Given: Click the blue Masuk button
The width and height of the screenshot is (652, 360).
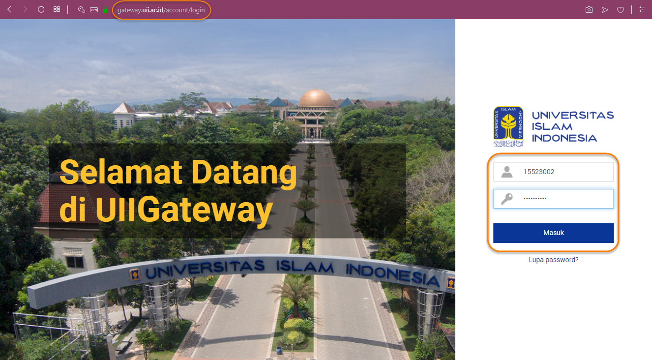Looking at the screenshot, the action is tap(553, 233).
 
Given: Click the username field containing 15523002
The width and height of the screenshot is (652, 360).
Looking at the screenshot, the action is tap(553, 172).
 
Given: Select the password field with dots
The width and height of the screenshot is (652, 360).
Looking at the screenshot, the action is tap(553, 199).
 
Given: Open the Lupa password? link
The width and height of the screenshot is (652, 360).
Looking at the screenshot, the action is tap(553, 260).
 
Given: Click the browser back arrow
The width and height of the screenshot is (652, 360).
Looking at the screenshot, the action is tap(9, 10).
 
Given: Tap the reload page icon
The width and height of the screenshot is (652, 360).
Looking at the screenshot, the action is tap(41, 10).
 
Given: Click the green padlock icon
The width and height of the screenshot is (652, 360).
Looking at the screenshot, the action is tap(105, 10).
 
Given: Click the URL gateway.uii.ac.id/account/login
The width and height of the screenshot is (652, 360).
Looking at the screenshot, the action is tap(161, 10).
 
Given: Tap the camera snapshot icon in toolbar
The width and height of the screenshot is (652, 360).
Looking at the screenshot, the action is tap(589, 10).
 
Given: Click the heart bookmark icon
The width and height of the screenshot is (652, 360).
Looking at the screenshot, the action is tap(620, 10).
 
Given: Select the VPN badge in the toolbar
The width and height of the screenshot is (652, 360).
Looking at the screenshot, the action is tap(94, 10).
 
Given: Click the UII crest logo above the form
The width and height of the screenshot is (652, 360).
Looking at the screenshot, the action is tap(508, 126).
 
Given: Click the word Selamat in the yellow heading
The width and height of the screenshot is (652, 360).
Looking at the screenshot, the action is tap(121, 172).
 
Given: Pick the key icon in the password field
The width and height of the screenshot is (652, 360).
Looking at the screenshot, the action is tap(507, 199).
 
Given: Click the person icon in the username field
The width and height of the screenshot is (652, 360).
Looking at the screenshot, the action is tap(507, 172).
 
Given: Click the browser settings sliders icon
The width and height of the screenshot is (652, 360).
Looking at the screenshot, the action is tap(642, 10).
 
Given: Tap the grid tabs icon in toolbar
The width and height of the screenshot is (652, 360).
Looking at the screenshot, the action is tap(57, 10).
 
